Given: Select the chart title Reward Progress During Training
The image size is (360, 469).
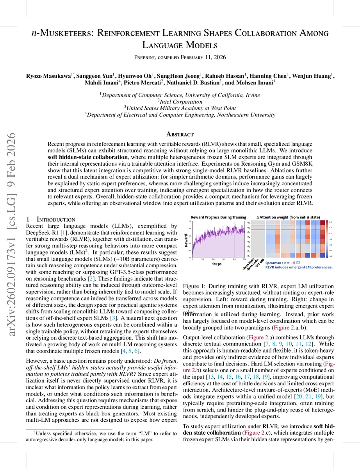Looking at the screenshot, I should (x=218, y=217).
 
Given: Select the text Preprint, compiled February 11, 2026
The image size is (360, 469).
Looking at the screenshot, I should (x=180, y=58).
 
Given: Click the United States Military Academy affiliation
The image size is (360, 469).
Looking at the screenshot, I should (x=180, y=107).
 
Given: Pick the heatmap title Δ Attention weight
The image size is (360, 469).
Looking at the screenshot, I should (x=288, y=217).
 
